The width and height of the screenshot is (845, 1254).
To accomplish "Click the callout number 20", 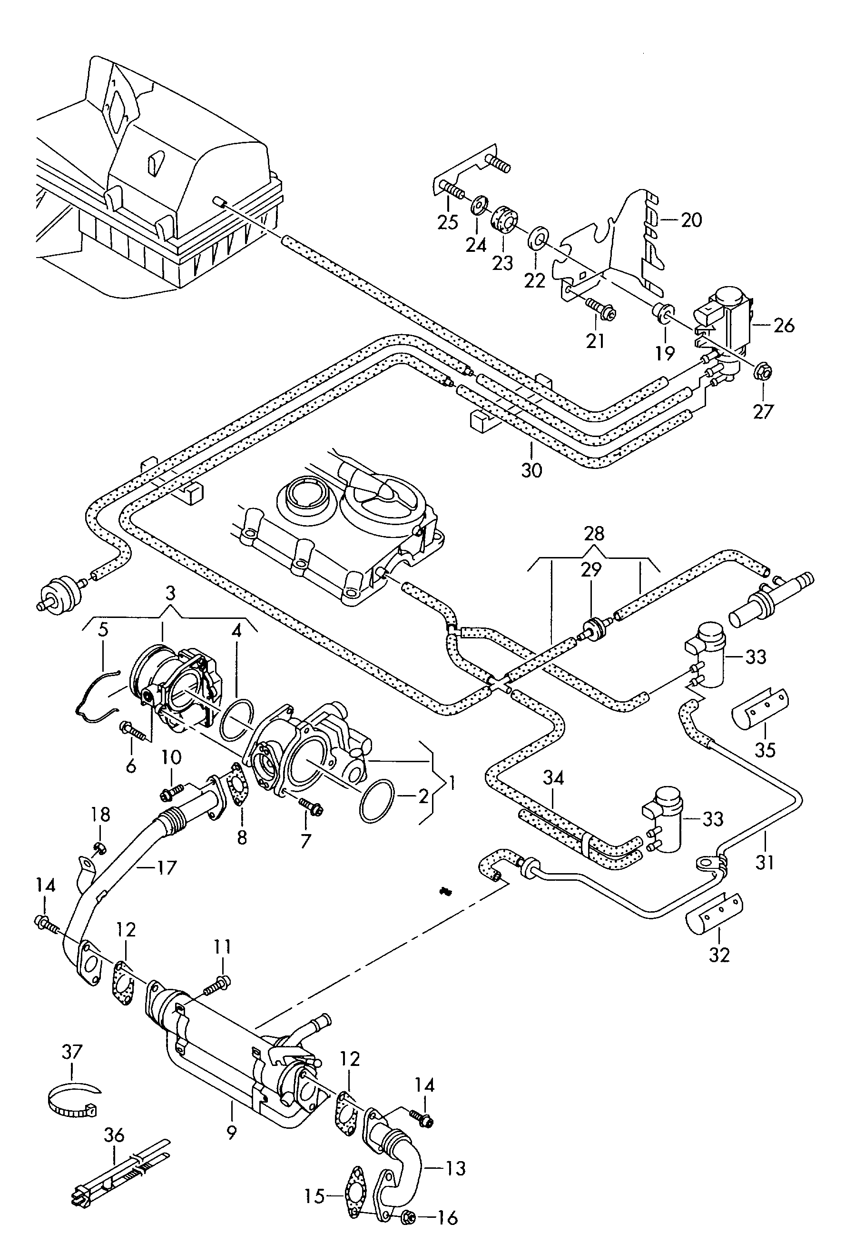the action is (691, 220).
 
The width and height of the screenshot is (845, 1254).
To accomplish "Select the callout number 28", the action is (594, 534).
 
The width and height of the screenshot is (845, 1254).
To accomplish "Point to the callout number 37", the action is (72, 1052).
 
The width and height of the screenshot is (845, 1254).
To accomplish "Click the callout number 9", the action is (231, 1134).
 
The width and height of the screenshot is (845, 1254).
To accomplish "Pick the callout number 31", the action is (765, 862).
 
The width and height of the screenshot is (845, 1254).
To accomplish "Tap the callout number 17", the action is (167, 867).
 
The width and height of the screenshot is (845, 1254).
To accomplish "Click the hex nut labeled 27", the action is (760, 370).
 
